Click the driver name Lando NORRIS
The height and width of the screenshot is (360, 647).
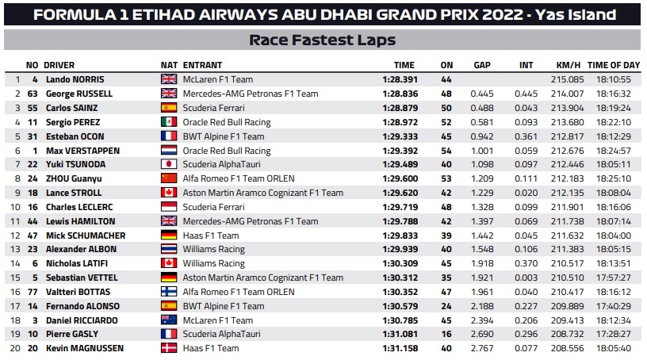coord(75,79)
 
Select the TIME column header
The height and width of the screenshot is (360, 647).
coord(404,65)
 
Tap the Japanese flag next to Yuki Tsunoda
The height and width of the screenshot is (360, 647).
coord(169,164)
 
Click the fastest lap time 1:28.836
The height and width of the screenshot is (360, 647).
coord(400,94)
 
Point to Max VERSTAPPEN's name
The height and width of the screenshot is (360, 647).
coord(82,151)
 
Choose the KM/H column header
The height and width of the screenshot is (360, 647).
coord(569,65)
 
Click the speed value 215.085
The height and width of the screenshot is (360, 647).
coord(567,79)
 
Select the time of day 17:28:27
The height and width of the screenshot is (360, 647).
coord(613,334)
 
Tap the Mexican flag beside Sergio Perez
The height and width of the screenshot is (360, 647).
coord(169,122)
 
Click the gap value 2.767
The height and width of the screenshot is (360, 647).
coord(482,348)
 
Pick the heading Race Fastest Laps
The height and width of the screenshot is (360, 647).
coord(322,40)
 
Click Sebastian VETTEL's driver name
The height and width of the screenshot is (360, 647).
coord(82,278)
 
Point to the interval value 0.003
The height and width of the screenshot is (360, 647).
coord(526,278)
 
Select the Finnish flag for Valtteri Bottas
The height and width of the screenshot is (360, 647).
coord(169,292)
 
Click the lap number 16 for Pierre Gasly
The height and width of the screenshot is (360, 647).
coord(446,334)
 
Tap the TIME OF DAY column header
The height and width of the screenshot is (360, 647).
coord(614,65)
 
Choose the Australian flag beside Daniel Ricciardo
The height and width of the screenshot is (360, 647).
coord(169,320)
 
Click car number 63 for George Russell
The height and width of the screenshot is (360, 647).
coord(33,94)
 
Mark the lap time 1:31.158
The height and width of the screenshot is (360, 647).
coord(400,348)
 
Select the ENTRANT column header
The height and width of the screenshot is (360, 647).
coord(202,65)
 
